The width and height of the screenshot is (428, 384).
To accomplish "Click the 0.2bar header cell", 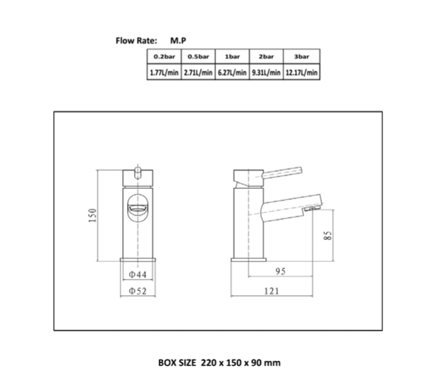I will [163, 56].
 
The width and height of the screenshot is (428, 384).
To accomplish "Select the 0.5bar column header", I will [197, 56].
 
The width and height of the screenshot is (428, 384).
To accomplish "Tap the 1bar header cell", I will [232, 56].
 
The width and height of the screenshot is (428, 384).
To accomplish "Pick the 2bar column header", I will [266, 56].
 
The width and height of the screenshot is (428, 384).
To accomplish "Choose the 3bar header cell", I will [302, 56].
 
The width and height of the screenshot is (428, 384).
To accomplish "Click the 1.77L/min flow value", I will [163, 72].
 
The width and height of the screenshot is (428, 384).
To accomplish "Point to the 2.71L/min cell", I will [197, 72].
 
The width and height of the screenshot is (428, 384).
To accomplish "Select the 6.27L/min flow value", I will [232, 72].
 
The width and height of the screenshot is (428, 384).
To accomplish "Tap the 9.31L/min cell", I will [266, 72].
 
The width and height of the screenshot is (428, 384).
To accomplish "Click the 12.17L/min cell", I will [302, 72].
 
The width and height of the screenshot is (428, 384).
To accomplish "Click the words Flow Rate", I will [135, 40].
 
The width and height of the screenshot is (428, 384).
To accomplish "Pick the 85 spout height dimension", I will [327, 237].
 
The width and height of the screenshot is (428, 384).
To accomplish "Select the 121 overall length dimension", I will [274, 291].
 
